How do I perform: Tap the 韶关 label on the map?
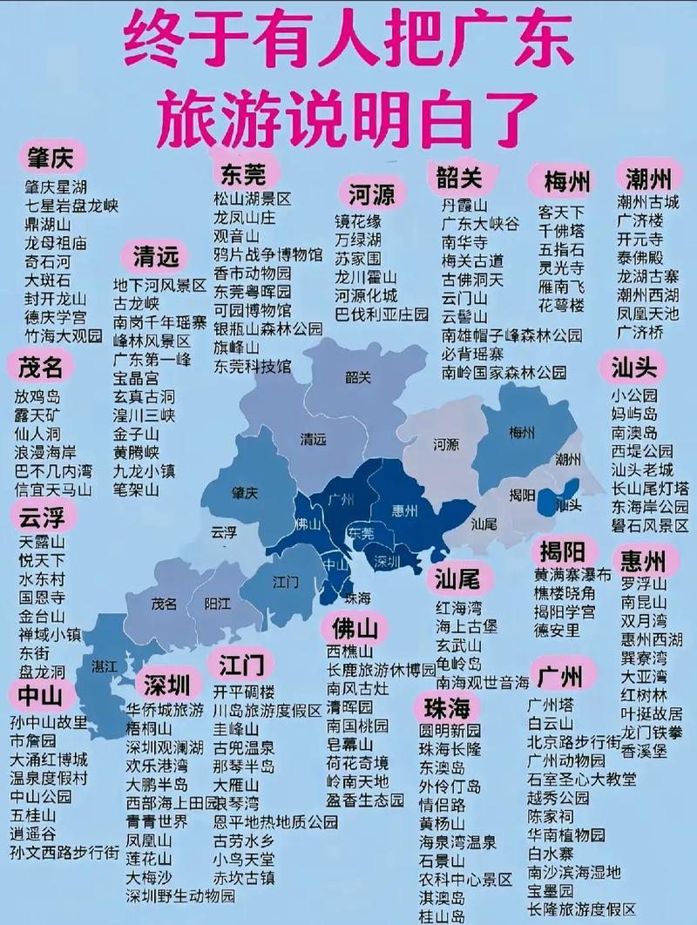pos(358,377)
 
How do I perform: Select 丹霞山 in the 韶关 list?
pos(462,206)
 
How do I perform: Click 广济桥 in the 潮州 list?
pos(640,332)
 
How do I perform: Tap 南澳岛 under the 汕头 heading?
pos(634,433)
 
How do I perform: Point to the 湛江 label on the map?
pos(104,666)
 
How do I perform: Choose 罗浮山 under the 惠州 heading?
pos(644,584)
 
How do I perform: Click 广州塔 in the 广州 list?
pos(550,705)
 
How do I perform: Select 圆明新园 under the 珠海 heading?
pos(450,730)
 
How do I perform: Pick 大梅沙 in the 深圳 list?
pos(149,876)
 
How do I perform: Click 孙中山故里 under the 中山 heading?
pos(49,722)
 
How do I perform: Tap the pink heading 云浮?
pos(41,518)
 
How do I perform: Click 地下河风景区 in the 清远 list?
pos(159,285)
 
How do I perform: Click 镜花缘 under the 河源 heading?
pos(358,221)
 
